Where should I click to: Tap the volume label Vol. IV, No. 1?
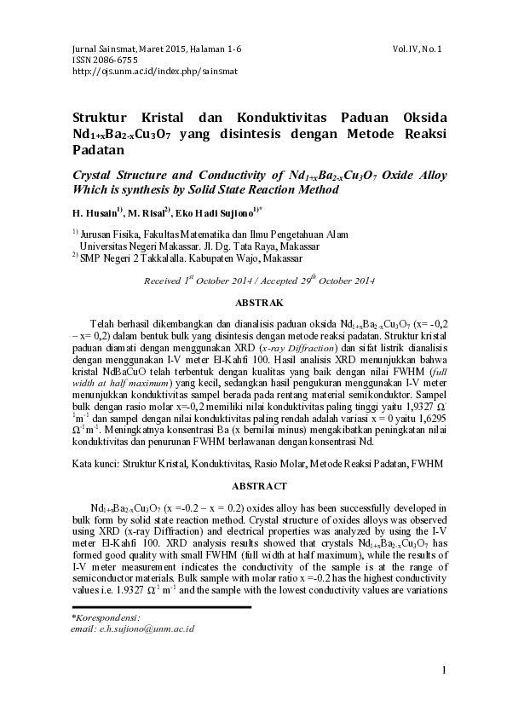tap(423, 49)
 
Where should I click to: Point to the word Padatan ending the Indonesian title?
tap(98, 149)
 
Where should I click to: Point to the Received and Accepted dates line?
tap(260, 281)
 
